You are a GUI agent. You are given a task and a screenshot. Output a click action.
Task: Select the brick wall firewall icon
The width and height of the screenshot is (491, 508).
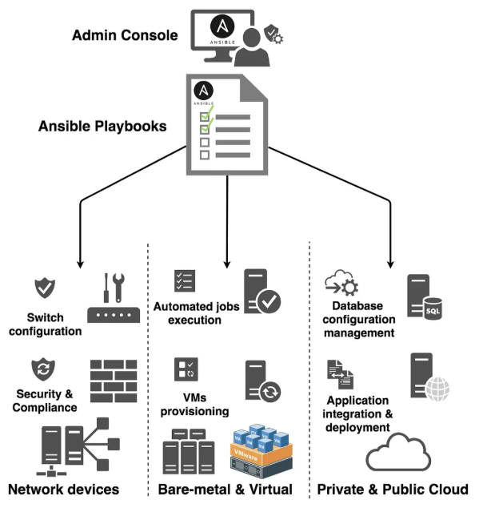114,381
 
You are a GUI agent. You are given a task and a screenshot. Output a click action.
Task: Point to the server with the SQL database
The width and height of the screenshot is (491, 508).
425,298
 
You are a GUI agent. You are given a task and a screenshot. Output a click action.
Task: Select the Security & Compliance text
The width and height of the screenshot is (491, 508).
46,401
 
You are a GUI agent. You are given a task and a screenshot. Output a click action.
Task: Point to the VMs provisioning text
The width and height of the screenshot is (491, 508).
195,405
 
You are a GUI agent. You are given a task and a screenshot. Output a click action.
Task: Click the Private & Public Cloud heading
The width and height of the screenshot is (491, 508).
393,489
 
